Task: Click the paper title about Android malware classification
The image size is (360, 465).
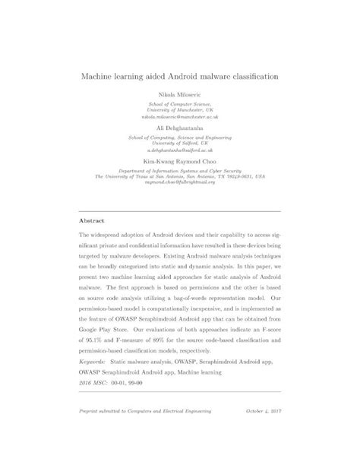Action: click(180, 77)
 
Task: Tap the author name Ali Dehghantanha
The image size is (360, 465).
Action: click(180, 129)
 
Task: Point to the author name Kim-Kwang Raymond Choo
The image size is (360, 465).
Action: click(180, 161)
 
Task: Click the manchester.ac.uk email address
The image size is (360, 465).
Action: click(180, 119)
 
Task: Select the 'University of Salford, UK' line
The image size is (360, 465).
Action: click(180, 144)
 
